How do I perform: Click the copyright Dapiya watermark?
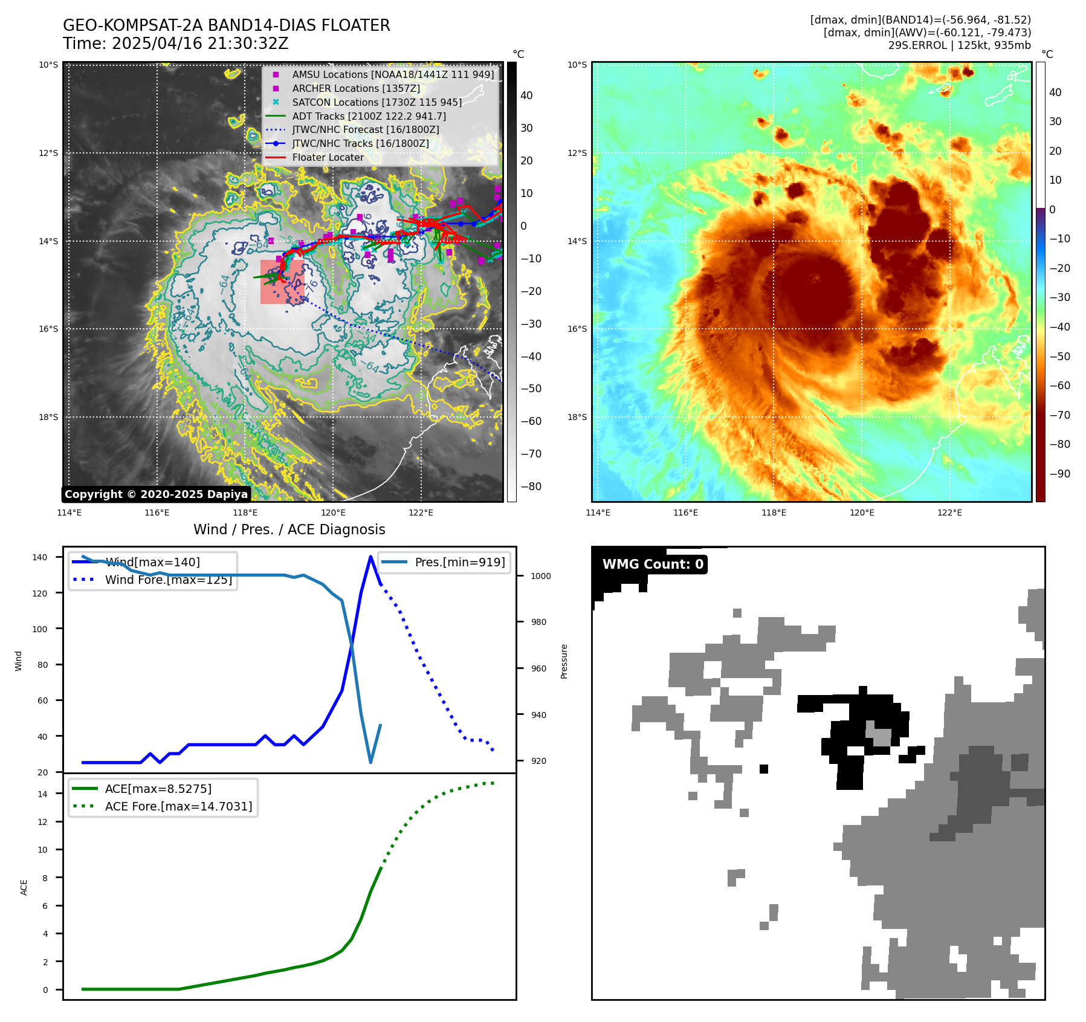[x=156, y=494]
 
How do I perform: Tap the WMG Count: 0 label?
[x=653, y=564]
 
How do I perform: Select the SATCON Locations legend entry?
[x=377, y=102]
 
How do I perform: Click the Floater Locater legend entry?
[x=328, y=157]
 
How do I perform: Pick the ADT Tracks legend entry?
[x=369, y=116]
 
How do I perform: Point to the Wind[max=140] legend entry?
[x=152, y=562]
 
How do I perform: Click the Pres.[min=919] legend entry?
[x=459, y=562]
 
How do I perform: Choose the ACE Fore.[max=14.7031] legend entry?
[x=178, y=806]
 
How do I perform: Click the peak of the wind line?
[x=370, y=557]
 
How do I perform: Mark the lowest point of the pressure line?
[x=370, y=762]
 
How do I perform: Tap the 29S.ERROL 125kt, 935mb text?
[x=959, y=45]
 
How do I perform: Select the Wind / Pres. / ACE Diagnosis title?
[x=289, y=529]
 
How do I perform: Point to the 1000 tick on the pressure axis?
[x=540, y=576]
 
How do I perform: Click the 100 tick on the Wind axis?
[x=39, y=629]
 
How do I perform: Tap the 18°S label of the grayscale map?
[x=48, y=417]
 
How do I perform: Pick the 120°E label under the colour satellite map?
[x=862, y=513]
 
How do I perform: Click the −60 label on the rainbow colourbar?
[x=1059, y=386]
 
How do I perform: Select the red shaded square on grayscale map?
[x=282, y=282]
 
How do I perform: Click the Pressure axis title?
[x=564, y=661]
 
